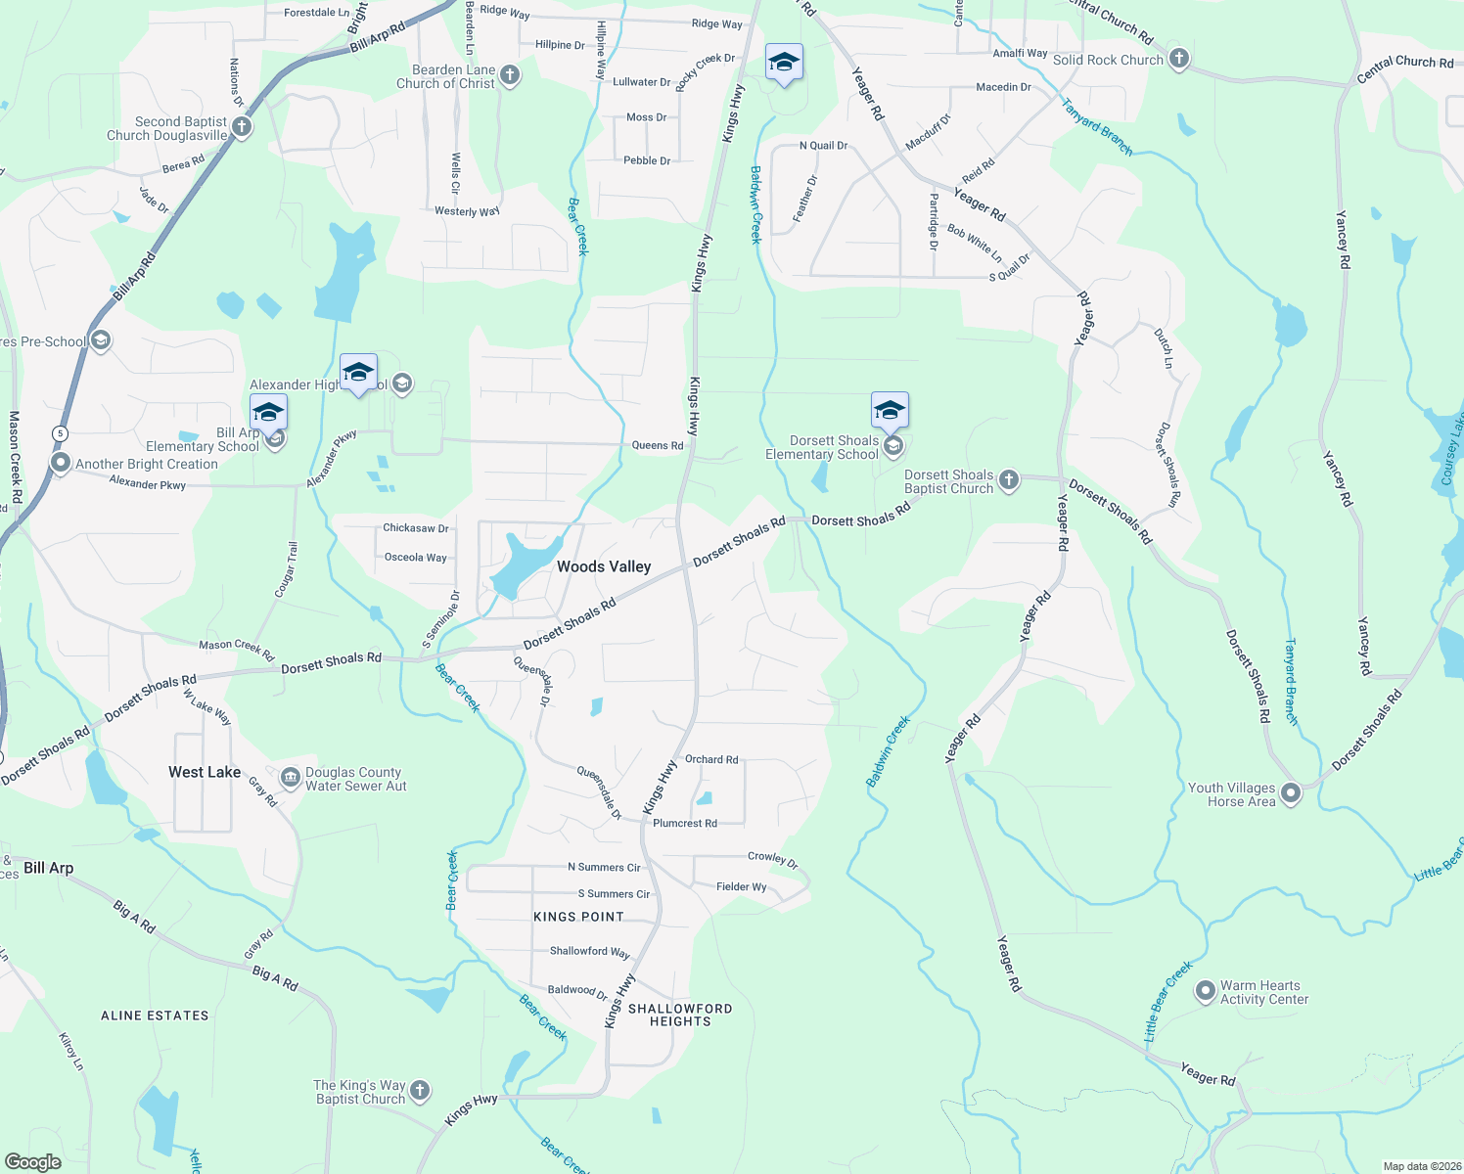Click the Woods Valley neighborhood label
click(x=603, y=566)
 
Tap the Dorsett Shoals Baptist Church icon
click(x=1009, y=480)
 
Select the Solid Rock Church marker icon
click(x=1179, y=59)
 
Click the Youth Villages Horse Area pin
click(x=1291, y=792)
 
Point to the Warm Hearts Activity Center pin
click(x=1206, y=991)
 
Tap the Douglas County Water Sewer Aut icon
click(x=291, y=778)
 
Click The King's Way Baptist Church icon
click(x=420, y=1091)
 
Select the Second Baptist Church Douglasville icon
click(x=242, y=127)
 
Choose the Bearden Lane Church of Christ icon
click(x=509, y=75)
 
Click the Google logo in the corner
click(x=33, y=1161)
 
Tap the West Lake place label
click(x=205, y=772)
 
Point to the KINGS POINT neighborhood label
click(x=578, y=917)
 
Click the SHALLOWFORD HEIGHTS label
click(x=680, y=1015)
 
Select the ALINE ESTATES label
click(x=155, y=1016)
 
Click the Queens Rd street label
click(x=658, y=445)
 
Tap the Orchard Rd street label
click(x=711, y=759)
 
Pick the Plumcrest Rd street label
click(x=684, y=823)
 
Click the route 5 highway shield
click(x=61, y=433)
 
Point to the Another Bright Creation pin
click(x=61, y=463)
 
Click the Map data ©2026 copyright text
click(x=1418, y=1166)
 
